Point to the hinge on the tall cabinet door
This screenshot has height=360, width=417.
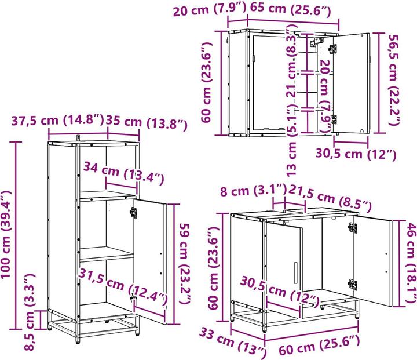(134, 212)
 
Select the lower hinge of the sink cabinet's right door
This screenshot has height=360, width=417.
(352, 284)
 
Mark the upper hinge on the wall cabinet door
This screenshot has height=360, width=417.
(332, 49)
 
